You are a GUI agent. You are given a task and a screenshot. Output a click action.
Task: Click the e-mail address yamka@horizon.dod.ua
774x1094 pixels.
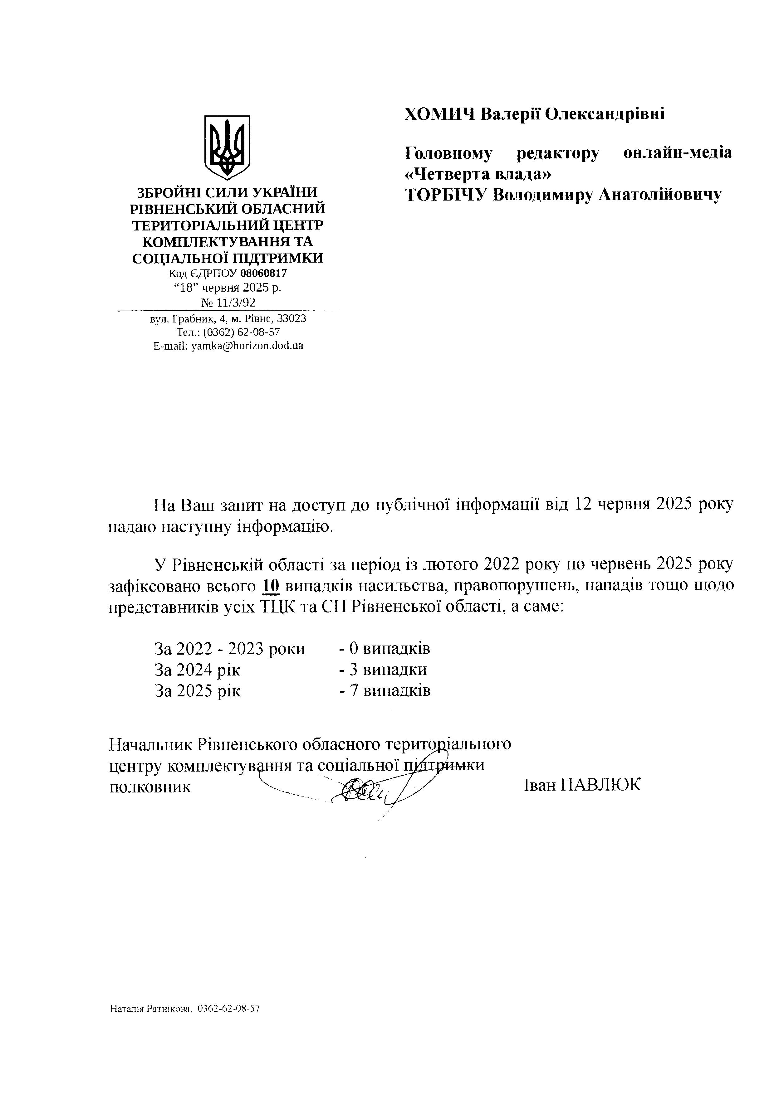[247, 346]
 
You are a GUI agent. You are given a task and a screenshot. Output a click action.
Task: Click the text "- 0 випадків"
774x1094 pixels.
[385, 648]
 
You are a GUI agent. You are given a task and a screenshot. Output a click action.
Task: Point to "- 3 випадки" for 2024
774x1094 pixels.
[382, 670]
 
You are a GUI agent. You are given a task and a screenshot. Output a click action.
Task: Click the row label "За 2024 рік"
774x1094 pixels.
[198, 670]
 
